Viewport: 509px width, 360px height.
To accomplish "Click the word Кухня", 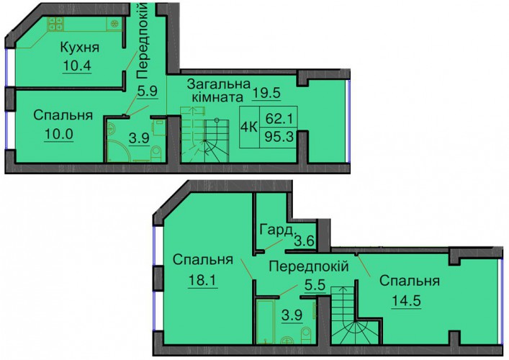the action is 80,48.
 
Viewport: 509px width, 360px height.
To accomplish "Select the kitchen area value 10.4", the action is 77,66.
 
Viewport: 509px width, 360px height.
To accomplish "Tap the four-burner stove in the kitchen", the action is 55,24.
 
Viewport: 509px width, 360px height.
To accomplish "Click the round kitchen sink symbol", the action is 114,24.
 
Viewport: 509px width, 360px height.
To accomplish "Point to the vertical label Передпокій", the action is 143,40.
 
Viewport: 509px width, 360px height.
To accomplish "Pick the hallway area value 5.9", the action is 148,91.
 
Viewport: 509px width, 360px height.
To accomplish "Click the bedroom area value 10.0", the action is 59,135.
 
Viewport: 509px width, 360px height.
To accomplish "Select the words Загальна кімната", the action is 219,91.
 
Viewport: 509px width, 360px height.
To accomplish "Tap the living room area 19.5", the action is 267,93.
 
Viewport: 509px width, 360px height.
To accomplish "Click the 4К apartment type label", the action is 248,127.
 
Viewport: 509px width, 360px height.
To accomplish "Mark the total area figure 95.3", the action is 279,137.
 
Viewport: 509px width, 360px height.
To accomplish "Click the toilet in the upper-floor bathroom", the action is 156,153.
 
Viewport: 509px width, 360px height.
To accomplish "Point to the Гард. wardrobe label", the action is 278,230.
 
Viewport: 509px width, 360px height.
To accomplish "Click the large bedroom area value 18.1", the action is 202,281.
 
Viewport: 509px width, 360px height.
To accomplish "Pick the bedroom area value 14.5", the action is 406,300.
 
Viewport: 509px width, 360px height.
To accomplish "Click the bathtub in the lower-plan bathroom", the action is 266,321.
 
